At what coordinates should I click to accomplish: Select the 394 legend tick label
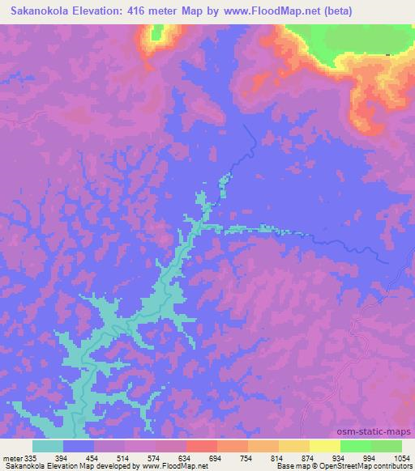64,458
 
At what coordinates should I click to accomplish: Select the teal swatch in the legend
49,446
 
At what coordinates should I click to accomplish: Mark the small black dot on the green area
387,54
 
